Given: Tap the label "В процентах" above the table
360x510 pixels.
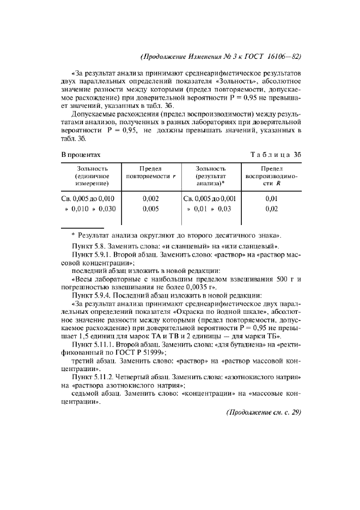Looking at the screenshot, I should coord(80,155).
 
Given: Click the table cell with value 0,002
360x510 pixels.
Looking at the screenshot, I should coord(150,198).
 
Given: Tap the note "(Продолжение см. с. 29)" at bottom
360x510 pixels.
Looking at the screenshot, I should coord(263,412).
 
